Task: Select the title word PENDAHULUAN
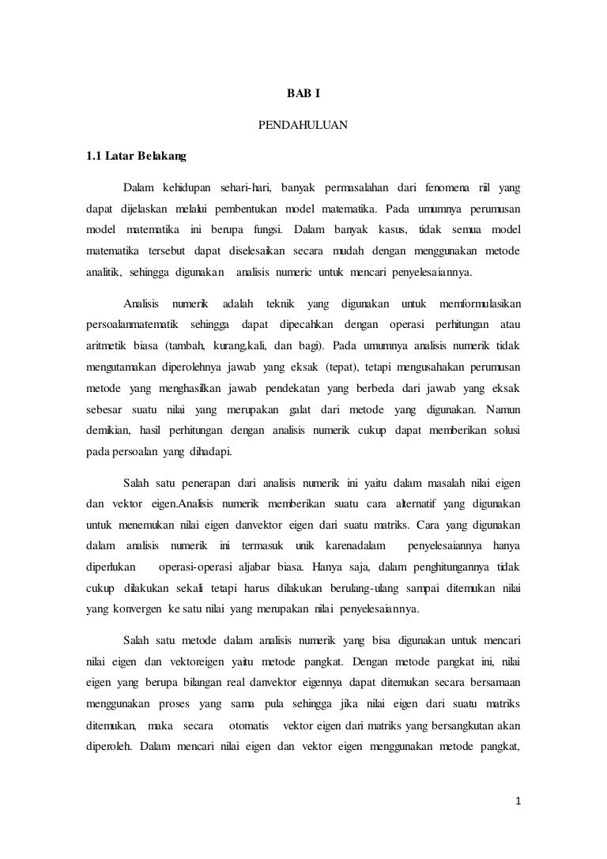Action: coord(303,125)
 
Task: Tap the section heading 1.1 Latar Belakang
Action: coord(136,156)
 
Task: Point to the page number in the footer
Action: coord(518,801)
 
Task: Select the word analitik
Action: coord(102,273)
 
